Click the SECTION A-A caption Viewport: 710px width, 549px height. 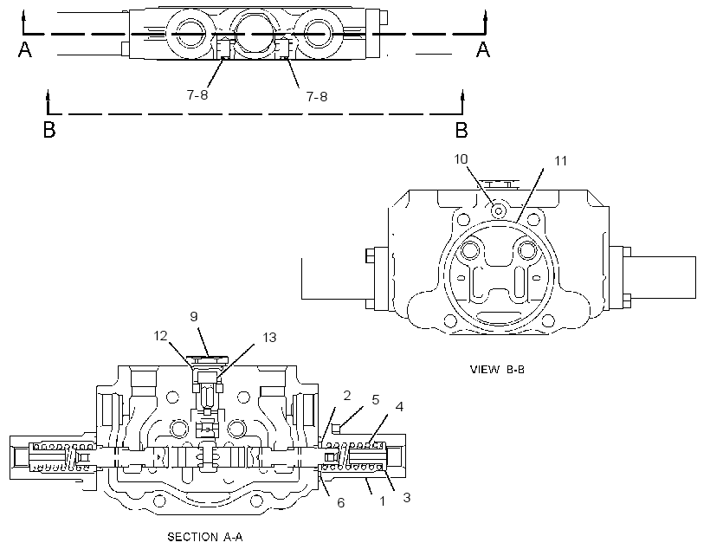(205, 537)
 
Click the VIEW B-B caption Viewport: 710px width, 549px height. (497, 370)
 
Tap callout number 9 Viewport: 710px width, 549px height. (194, 316)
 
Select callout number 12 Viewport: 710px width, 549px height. (161, 336)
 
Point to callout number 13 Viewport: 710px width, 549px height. (269, 338)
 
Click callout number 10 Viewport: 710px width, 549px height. (461, 159)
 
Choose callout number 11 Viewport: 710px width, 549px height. (560, 161)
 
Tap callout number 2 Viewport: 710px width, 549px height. (347, 396)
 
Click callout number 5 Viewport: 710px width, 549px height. (376, 400)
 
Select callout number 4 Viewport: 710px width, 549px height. (399, 407)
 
